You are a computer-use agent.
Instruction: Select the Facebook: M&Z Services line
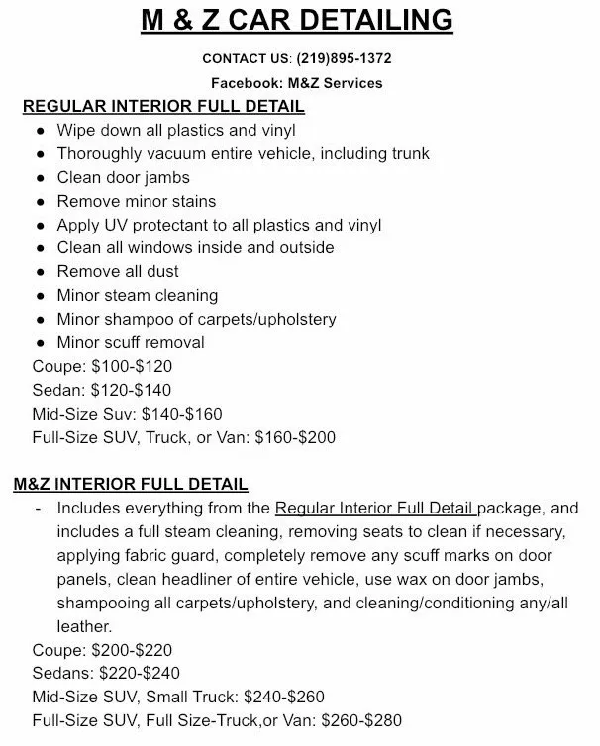pyautogui.click(x=296, y=83)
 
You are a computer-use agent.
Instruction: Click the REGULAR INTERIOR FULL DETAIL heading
pyautogui.click(x=163, y=106)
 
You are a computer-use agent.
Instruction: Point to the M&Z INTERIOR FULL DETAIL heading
pyautogui.click(x=131, y=484)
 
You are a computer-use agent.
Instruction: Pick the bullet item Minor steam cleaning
pyautogui.click(x=138, y=295)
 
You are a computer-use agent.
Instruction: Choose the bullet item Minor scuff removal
pyautogui.click(x=131, y=342)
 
